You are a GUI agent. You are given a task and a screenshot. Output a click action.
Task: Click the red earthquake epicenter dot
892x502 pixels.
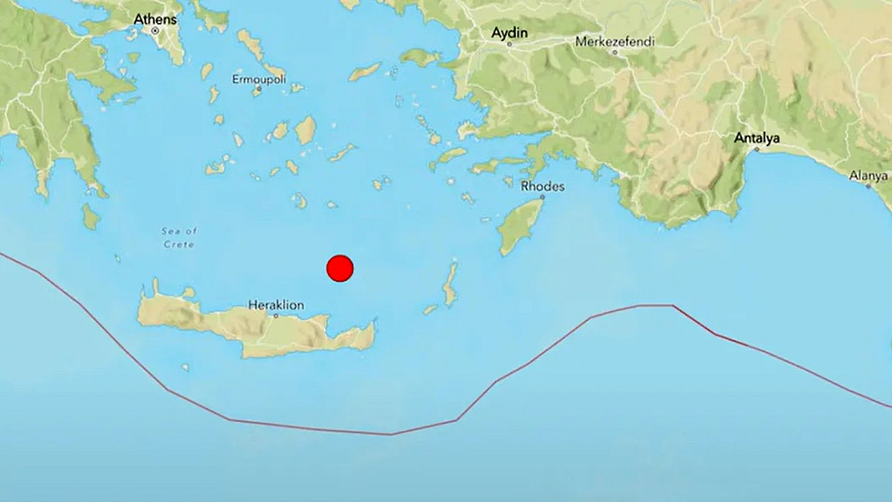pos(340,268)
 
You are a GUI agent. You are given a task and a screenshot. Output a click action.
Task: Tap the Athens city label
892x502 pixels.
pos(153,19)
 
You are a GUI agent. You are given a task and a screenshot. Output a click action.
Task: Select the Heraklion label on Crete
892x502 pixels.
pos(276,304)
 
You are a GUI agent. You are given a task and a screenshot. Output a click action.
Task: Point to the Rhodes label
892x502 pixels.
pos(542,187)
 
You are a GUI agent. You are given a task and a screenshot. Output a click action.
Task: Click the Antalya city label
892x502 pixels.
pos(757,139)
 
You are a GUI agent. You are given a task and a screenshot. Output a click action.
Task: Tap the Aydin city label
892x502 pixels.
pos(509,33)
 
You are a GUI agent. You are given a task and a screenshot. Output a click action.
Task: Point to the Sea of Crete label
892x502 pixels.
pos(178,237)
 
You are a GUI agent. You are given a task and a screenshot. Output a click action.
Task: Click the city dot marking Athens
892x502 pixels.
pos(155,31)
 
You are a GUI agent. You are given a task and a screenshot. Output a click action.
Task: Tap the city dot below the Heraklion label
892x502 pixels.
pos(276,315)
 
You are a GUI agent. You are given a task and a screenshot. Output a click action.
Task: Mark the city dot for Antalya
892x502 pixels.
pos(750,152)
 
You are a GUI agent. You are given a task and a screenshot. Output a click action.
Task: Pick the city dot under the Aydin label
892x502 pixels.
pos(509,45)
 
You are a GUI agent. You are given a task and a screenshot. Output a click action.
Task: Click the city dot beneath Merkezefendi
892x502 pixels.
pos(614,53)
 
